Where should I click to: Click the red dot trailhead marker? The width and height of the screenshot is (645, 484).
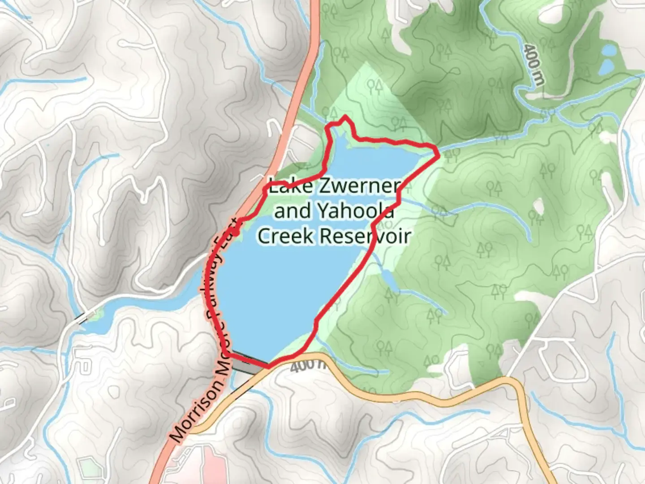236,232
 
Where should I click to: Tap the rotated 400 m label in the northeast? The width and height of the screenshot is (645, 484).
533,65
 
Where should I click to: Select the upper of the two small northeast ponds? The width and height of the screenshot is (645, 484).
609,50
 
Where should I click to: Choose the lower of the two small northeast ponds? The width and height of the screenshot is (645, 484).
606,67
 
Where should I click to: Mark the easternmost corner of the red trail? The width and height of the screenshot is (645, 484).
438,154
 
